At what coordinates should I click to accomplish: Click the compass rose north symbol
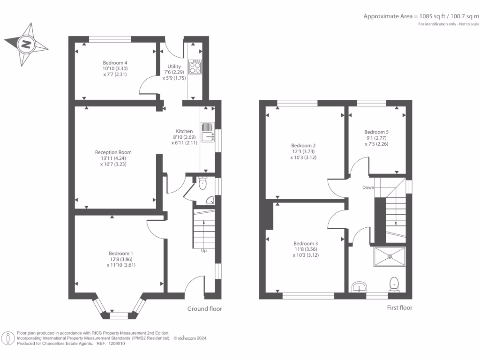[26, 45]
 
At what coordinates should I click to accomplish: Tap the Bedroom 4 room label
[115, 63]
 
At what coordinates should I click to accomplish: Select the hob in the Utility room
[195, 67]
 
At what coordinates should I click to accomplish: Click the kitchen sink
[208, 132]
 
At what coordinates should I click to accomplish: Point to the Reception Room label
[113, 152]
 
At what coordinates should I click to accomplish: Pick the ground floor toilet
[202, 183]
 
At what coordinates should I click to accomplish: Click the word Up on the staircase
[204, 251]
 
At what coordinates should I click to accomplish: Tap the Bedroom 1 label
[121, 253]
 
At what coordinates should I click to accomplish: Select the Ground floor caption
[205, 308]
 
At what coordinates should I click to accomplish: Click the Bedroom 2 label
[303, 145]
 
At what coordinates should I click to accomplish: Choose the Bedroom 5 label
[376, 132]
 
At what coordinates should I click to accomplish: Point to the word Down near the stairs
[368, 187]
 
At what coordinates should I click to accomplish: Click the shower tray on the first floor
[390, 256]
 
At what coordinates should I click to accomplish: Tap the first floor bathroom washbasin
[359, 287]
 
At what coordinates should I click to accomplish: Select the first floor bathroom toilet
[394, 285]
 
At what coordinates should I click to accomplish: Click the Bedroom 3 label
[306, 243]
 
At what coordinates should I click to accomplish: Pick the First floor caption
[399, 307]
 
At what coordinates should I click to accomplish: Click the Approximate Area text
[421, 16]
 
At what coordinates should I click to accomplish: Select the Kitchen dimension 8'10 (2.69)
[184, 137]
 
